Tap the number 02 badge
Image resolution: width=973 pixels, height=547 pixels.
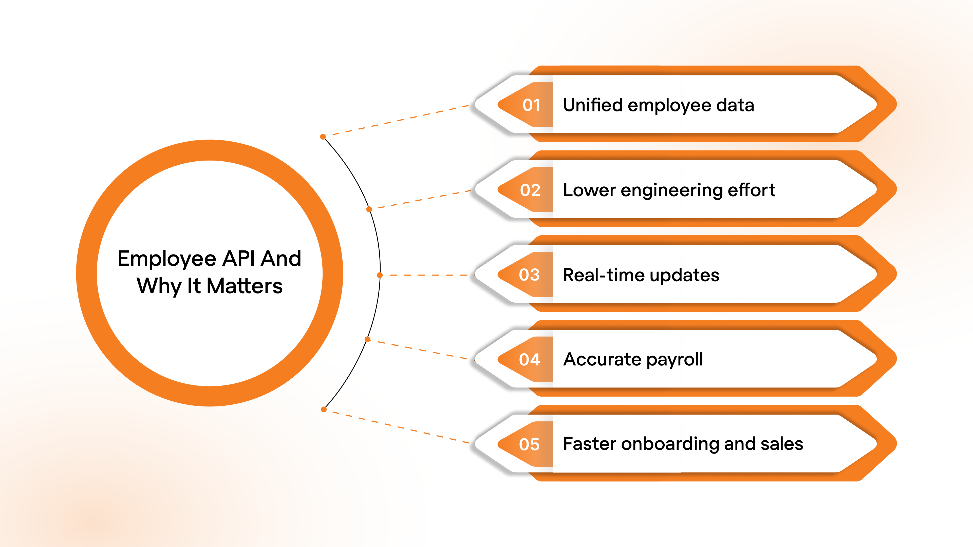tap(530, 190)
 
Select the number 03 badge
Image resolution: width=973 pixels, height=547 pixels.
tap(529, 275)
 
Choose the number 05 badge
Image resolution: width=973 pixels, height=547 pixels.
tap(529, 444)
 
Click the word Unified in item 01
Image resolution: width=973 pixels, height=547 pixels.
tap(592, 105)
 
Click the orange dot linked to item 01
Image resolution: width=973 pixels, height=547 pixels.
tap(323, 137)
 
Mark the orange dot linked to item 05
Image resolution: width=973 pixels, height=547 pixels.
tap(324, 409)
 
